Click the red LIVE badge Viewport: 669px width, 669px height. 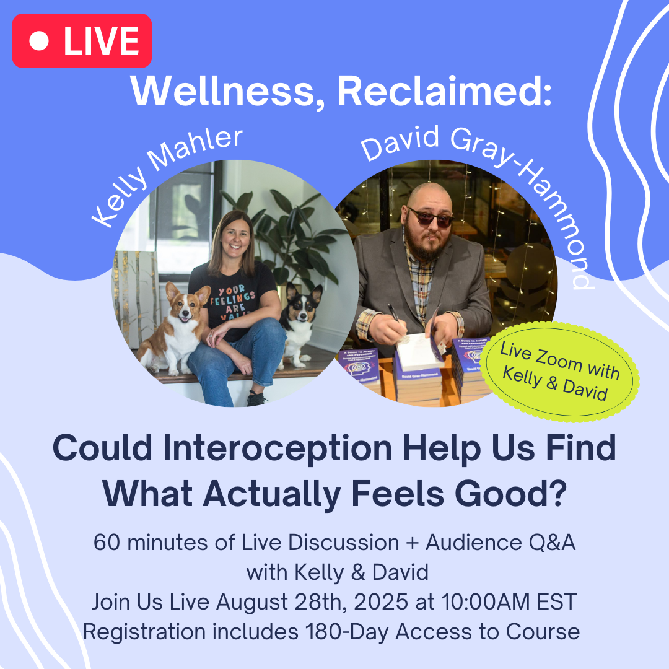click(82, 40)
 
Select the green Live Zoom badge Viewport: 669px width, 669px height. click(560, 372)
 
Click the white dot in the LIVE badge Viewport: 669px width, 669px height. click(39, 41)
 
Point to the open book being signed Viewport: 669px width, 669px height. click(416, 350)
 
